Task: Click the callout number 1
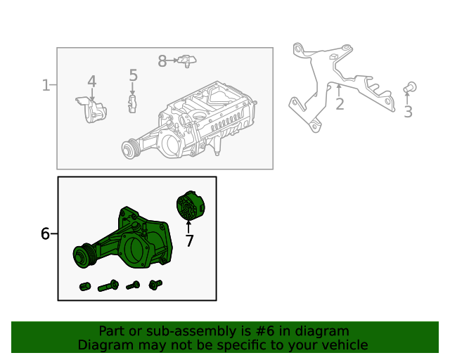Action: (x=46, y=86)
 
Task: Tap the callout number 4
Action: (x=91, y=82)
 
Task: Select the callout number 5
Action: (x=133, y=75)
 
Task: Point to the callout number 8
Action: (x=162, y=62)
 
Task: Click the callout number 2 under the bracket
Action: (x=339, y=105)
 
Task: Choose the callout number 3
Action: (x=408, y=112)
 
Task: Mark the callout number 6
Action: (x=45, y=233)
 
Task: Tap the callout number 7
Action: (x=188, y=241)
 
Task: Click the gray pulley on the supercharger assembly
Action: (x=129, y=148)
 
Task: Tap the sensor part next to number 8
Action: (x=185, y=61)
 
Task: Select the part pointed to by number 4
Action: (x=91, y=110)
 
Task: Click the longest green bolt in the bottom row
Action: (x=108, y=286)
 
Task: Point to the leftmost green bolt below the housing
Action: (x=85, y=287)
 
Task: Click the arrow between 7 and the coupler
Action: (x=188, y=226)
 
